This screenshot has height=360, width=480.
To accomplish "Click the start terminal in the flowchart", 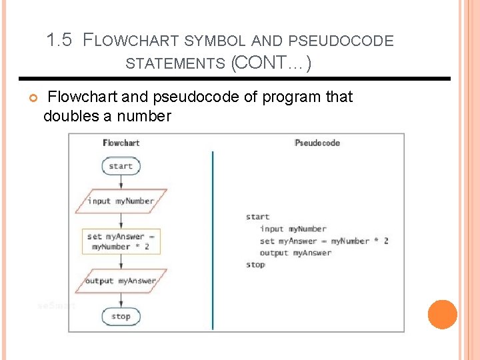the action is (x=121, y=166).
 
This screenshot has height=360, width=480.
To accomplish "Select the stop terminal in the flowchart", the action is (x=121, y=316).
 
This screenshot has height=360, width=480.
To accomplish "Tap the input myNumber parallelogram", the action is (x=121, y=201).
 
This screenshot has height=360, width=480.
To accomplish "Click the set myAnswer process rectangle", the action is (x=121, y=241).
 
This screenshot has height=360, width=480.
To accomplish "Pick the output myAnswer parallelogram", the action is (x=121, y=281).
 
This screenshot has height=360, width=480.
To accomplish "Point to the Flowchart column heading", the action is (x=121, y=143).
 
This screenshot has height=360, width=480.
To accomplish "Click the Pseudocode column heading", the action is (x=317, y=143).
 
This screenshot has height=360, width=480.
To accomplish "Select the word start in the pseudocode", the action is (x=257, y=217).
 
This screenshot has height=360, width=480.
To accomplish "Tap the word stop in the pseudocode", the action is (x=255, y=265).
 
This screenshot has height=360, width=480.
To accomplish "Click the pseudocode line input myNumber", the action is (x=293, y=229).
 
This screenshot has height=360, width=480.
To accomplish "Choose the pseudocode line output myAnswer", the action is (x=295, y=253).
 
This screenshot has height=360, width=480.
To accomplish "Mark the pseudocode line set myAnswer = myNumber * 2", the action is (x=324, y=241).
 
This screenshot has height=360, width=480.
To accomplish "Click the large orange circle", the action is (x=442, y=315).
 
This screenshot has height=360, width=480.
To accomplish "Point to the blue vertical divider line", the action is (x=213, y=240).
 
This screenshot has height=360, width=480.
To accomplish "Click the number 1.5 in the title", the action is (x=59, y=40).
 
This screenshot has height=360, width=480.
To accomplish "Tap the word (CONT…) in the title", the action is (x=271, y=63).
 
